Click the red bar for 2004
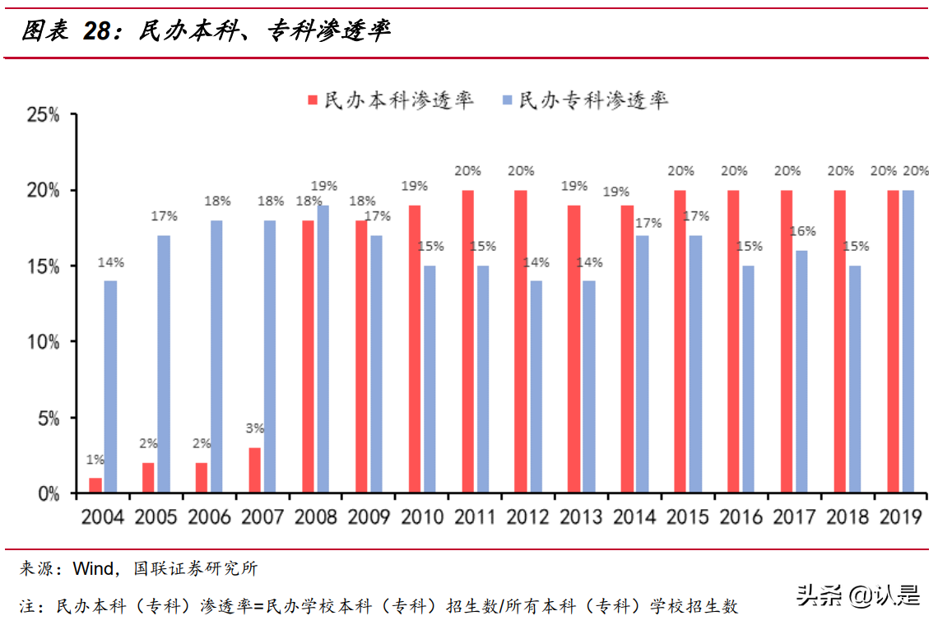click(x=95, y=485)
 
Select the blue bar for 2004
click(x=110, y=387)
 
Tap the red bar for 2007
click(x=255, y=470)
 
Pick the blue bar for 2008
click(x=323, y=350)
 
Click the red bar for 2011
click(x=467, y=342)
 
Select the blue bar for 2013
click(x=588, y=387)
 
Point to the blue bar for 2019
click(x=908, y=342)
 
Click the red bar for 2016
click(x=734, y=342)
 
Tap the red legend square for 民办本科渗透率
click(x=313, y=100)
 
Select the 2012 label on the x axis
click(x=527, y=517)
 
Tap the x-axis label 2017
click(x=794, y=517)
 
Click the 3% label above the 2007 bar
click(x=255, y=428)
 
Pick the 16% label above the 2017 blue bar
click(x=803, y=231)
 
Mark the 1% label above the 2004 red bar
click(x=95, y=459)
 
